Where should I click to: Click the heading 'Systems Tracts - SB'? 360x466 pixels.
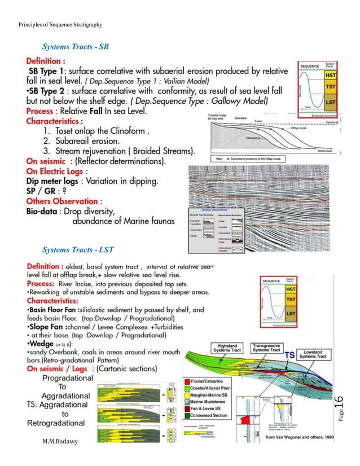(76, 46)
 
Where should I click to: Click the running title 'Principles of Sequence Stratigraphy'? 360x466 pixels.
(60, 9)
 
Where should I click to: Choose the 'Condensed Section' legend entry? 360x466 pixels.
(217, 415)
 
